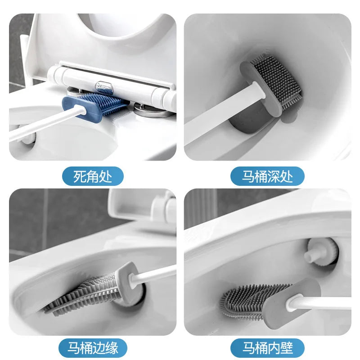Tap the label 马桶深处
click(x=267, y=176)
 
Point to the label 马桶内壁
click(x=267, y=348)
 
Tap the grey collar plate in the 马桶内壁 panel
click(x=288, y=299)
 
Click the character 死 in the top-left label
click(x=80, y=176)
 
